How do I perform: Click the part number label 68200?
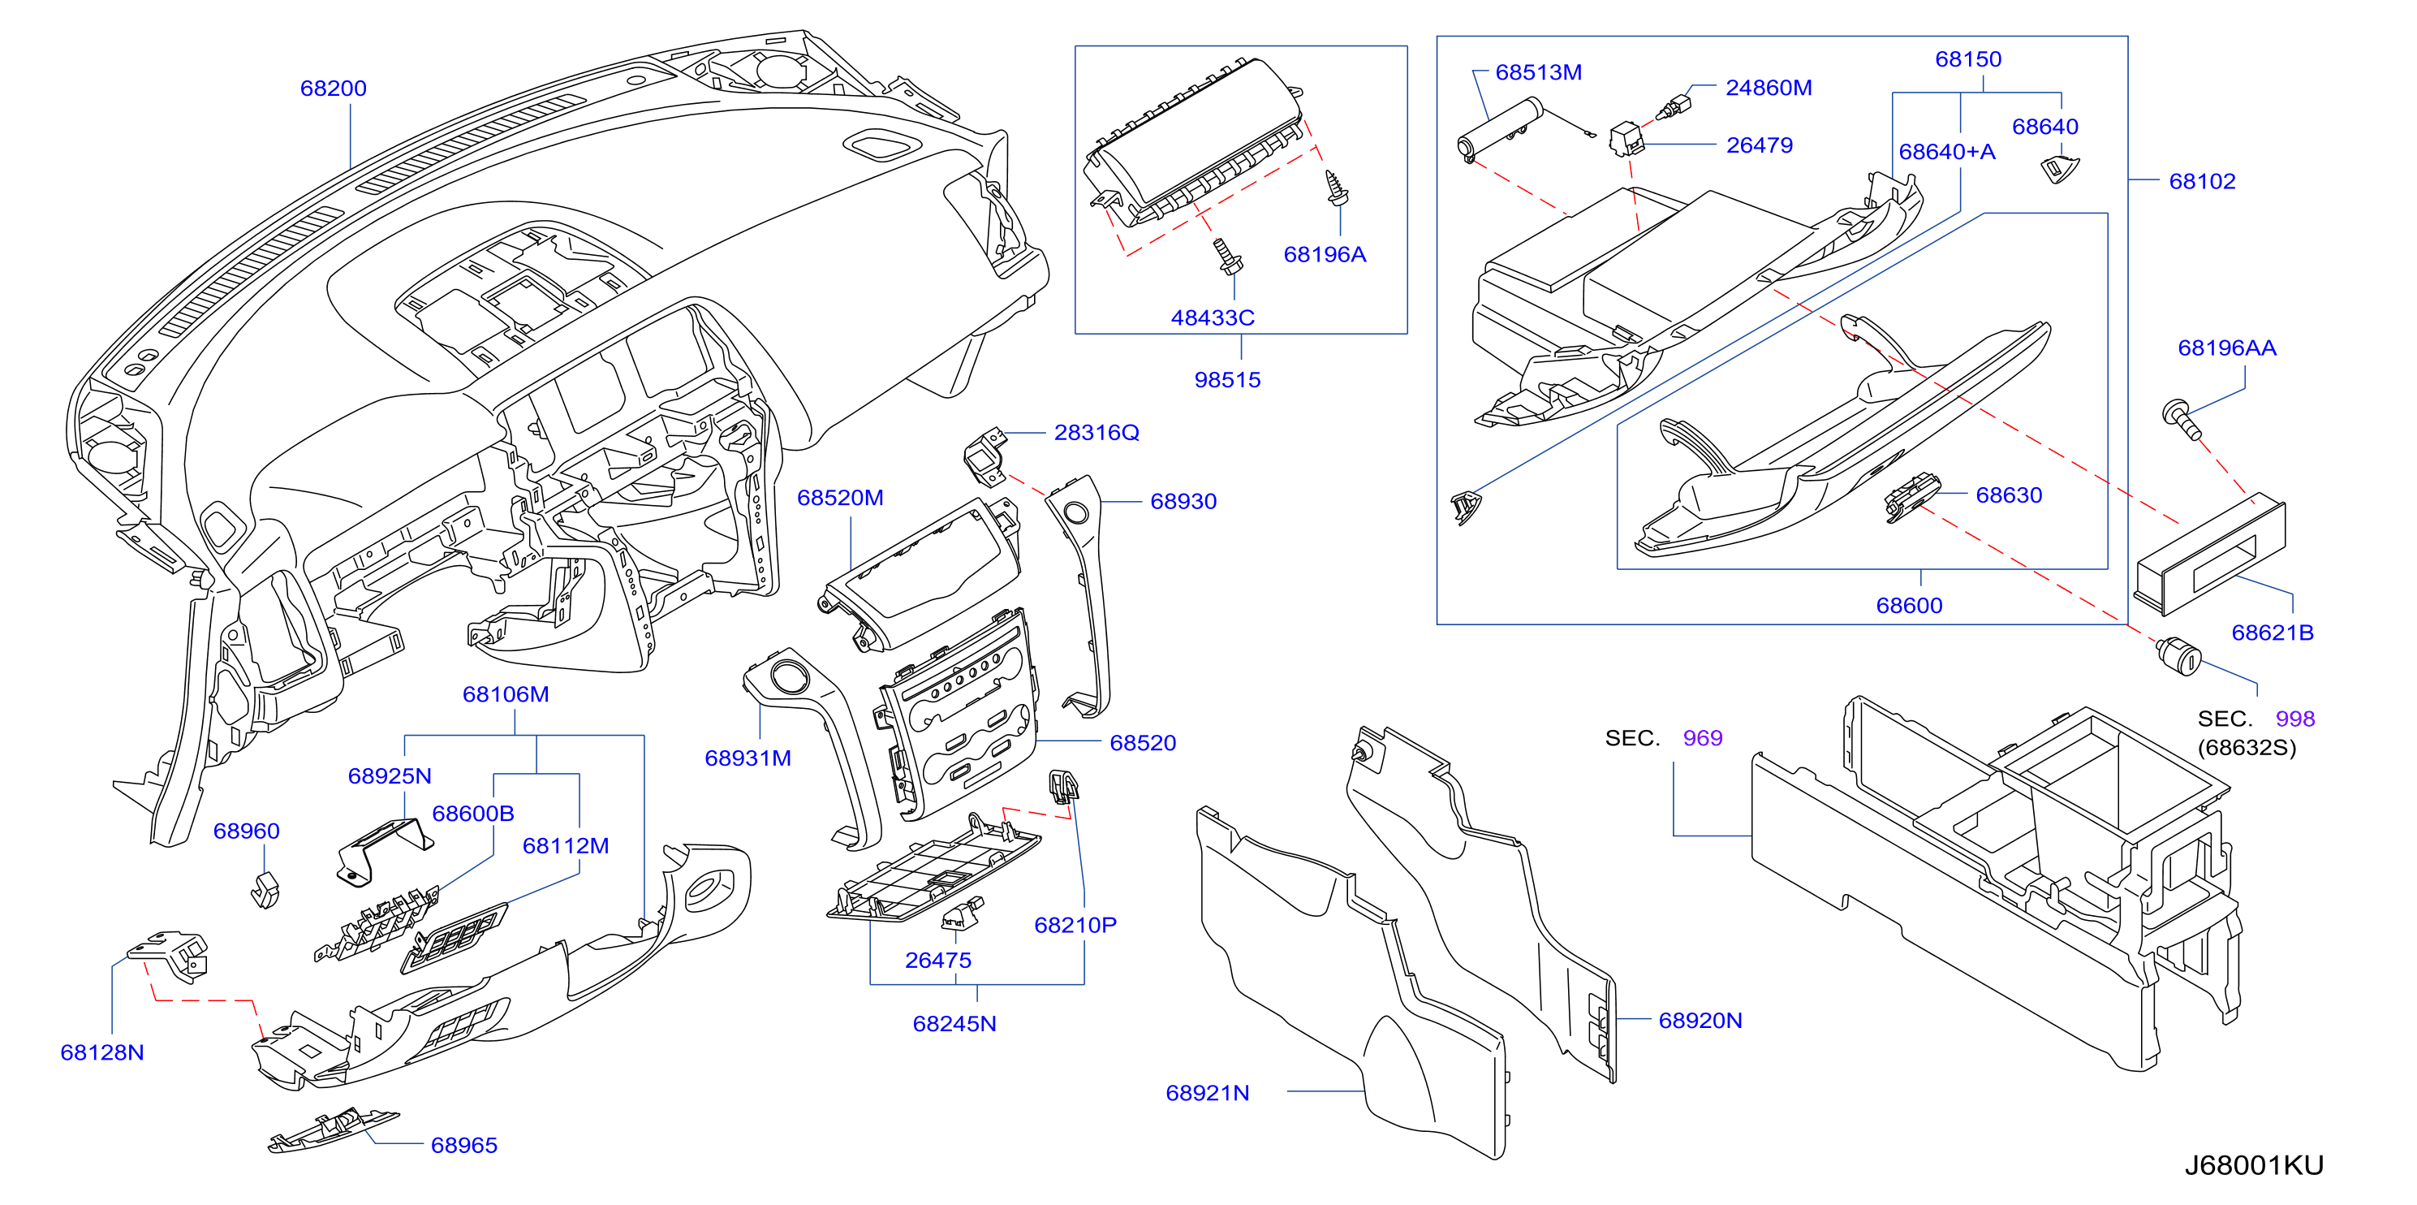point(333,89)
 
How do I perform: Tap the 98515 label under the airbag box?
point(1227,380)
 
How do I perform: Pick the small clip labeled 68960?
point(265,889)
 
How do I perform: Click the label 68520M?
point(840,498)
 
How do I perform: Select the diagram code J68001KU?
point(2254,1164)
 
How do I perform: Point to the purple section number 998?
point(2295,719)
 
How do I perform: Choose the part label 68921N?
point(1208,1093)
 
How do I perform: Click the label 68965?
point(464,1145)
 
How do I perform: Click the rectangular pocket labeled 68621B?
point(2210,554)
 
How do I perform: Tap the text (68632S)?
point(2247,748)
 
